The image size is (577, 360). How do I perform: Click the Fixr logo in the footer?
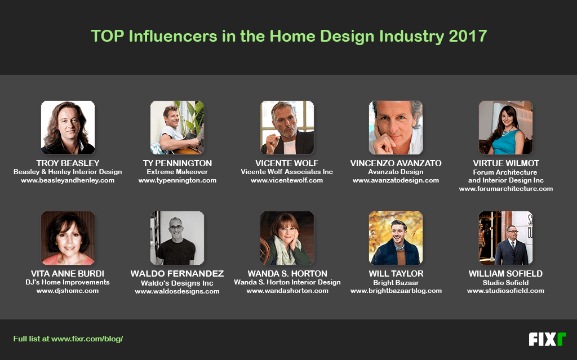point(547,339)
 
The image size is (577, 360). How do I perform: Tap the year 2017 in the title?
point(468,36)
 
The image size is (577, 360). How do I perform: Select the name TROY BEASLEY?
point(68,163)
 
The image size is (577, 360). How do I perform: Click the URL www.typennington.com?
point(177,180)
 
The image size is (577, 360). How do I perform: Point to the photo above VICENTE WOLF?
point(287,127)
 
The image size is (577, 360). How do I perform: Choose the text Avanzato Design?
point(396,172)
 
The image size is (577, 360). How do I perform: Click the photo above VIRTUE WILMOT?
point(505,127)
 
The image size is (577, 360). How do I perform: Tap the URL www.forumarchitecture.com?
point(506,189)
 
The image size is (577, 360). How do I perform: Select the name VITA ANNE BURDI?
point(68,273)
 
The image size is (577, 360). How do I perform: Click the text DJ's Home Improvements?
point(68,282)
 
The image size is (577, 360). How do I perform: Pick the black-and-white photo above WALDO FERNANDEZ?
point(177,238)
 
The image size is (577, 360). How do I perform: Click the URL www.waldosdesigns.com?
point(177,291)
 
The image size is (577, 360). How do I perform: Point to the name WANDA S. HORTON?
point(287,273)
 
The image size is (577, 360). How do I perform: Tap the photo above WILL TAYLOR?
point(396,238)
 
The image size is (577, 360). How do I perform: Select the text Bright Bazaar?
point(396,283)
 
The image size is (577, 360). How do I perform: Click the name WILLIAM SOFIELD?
point(505,273)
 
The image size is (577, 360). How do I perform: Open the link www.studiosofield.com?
point(505,291)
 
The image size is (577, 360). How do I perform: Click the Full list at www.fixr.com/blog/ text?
point(68,339)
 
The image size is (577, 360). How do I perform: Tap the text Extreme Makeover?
point(177,172)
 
